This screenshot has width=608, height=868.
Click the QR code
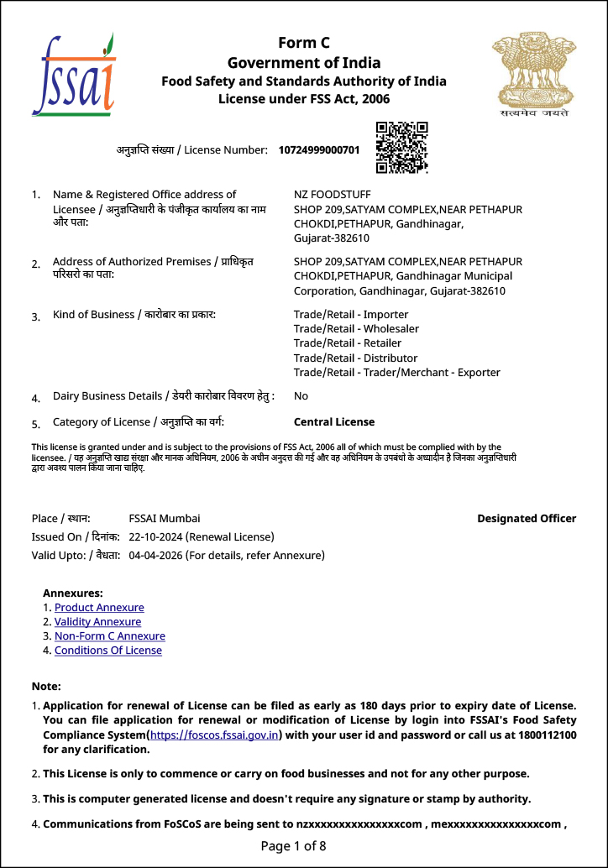pos(401,147)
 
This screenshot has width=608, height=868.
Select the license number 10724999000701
pos(319,150)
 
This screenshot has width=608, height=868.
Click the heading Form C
pos(304,44)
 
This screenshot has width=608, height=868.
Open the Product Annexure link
pos(99,608)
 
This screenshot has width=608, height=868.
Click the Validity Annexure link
pos(97,622)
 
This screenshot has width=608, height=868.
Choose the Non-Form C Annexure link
pos(110,636)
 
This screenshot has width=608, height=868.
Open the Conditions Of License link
pos(108,651)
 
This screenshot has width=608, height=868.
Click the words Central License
pos(334,422)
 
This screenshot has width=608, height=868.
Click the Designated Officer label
pos(527,519)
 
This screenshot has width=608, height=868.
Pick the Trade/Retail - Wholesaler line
pos(356,329)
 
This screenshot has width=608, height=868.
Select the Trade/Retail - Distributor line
pos(355,358)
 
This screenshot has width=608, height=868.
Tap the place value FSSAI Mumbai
pos(165,519)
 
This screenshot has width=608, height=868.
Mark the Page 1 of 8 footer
pos(293,845)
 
